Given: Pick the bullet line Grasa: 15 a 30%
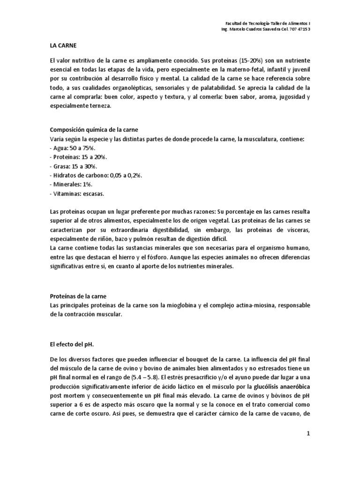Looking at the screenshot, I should tap(72, 166).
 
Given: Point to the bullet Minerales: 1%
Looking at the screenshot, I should tap(69, 184).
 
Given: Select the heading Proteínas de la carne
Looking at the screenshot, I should tap(78, 297).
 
